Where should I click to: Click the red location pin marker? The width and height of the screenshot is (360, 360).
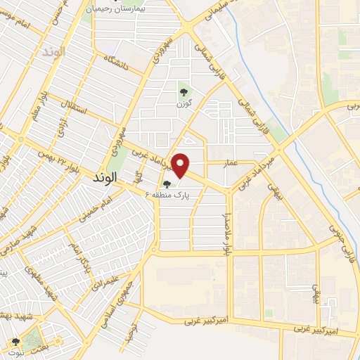[181, 165]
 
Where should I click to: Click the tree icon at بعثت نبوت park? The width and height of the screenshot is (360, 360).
[15, 342]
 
